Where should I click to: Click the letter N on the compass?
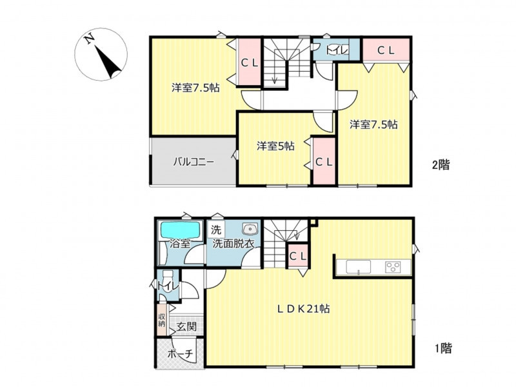[89, 39]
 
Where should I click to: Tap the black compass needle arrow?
[108, 63]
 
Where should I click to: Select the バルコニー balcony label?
[194, 162]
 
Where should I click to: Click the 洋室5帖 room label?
[275, 146]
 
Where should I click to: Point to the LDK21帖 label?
[303, 309]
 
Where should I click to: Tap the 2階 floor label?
[441, 164]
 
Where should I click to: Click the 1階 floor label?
[443, 348]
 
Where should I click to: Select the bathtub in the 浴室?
[180, 230]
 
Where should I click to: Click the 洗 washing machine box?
[216, 229]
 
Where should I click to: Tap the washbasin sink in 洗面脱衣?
[250, 228]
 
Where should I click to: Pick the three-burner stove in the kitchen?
[393, 266]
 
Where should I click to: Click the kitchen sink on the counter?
[358, 266]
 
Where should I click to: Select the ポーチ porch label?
[180, 354]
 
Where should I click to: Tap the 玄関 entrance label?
[186, 327]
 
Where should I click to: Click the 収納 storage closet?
[162, 321]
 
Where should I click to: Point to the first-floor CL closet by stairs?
[298, 256]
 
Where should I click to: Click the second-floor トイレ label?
[337, 51]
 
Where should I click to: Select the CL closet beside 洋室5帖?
[324, 161]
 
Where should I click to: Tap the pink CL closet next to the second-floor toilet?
[386, 50]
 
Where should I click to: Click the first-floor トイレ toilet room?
[168, 285]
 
